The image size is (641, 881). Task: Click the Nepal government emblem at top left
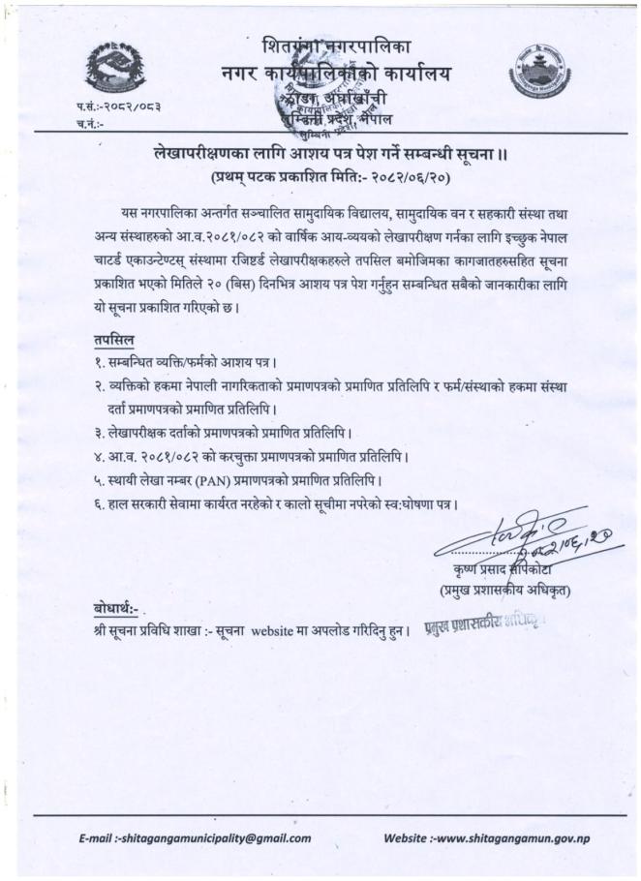coord(115,68)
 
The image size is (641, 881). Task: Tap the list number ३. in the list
coord(88,433)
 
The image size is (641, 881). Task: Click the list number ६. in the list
coord(88,502)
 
